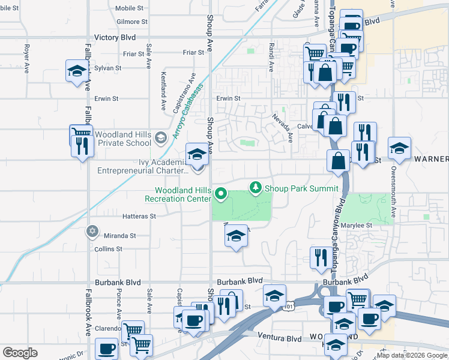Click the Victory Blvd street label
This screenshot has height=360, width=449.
point(115,37)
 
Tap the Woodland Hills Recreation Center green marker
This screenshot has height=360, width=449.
point(221,193)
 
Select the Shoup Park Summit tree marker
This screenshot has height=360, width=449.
point(256,188)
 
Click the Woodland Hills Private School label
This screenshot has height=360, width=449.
point(122,139)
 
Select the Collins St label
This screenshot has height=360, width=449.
point(109,248)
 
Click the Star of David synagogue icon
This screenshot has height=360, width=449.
point(92,230)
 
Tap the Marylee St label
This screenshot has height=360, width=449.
point(358,226)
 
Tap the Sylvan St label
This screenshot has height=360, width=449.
point(108,68)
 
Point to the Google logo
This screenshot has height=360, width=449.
point(20,352)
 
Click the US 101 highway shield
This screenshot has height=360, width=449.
point(289,306)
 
